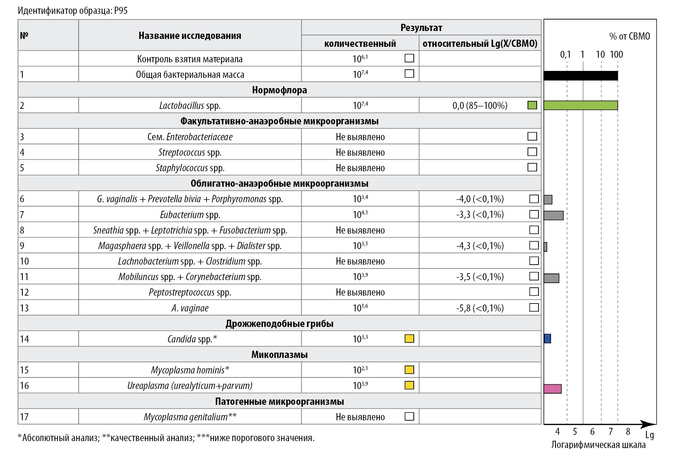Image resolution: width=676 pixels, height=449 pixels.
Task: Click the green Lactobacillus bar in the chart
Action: tap(580, 105)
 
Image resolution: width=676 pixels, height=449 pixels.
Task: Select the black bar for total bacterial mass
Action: tap(580, 76)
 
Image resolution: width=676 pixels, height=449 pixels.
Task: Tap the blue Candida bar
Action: tap(547, 338)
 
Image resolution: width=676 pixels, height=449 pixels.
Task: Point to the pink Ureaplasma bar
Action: tap(553, 389)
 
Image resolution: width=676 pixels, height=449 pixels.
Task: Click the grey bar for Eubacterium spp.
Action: tap(553, 215)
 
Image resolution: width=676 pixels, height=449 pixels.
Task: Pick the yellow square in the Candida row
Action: tap(409, 338)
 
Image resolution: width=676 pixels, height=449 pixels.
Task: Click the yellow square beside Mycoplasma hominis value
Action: tap(409, 370)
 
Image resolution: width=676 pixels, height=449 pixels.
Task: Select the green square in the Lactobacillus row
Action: tap(532, 105)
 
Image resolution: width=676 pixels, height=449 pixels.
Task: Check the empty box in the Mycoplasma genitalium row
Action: tap(409, 416)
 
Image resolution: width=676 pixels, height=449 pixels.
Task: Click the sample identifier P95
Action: tap(121, 11)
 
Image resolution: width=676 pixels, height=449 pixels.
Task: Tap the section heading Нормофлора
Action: tap(279, 90)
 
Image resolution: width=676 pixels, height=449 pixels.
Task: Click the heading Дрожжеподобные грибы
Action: tap(279, 324)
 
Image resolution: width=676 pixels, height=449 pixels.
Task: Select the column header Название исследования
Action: tap(190, 36)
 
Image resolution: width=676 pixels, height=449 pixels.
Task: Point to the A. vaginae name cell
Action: tap(190, 308)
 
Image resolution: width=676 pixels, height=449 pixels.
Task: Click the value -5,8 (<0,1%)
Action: tap(480, 308)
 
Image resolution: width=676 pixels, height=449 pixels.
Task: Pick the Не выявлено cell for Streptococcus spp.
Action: tap(360, 152)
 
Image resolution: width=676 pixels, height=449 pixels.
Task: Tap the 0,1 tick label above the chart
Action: tap(565, 54)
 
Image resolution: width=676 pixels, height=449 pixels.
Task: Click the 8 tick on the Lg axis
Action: tap(628, 432)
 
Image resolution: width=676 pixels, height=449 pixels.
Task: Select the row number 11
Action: tap(24, 277)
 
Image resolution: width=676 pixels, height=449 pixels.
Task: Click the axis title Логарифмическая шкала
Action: tap(598, 444)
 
